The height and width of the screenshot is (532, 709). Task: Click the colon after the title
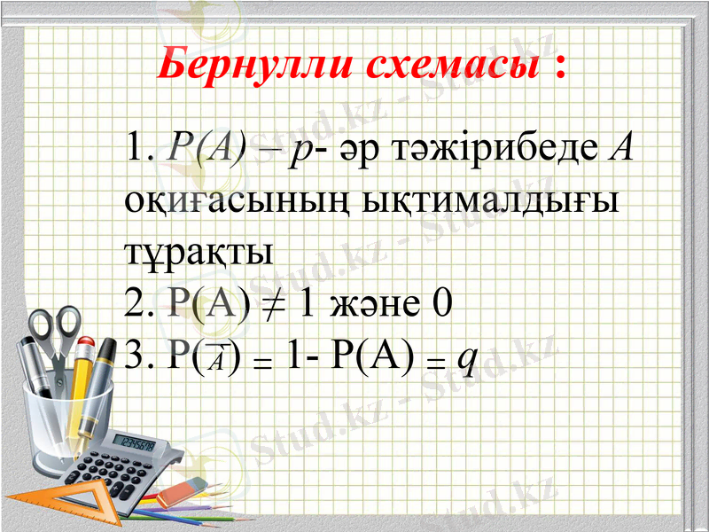pyautogui.click(x=559, y=66)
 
